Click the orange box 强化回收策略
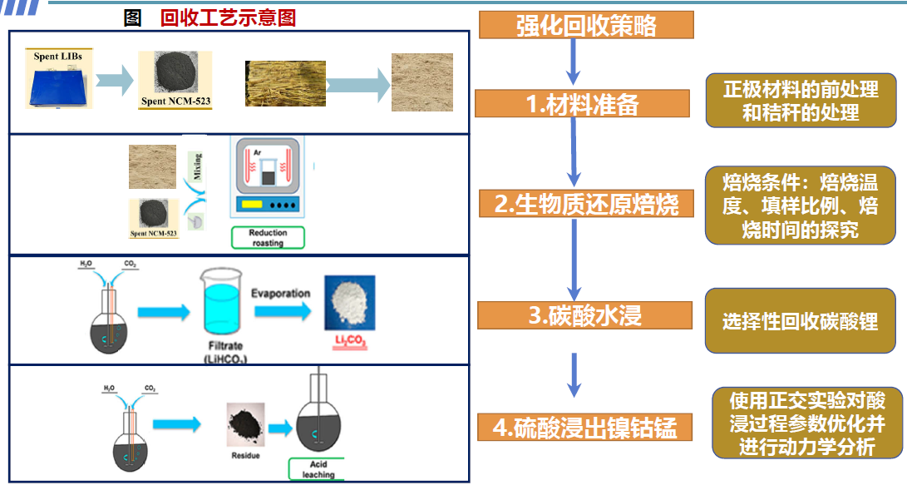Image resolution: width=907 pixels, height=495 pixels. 586,25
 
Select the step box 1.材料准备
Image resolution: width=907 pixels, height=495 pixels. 582,104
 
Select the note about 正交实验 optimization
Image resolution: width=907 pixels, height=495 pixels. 806,423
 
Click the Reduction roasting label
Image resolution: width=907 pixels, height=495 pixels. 267,238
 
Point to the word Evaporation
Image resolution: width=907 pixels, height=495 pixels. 281,294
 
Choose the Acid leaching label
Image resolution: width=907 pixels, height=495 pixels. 318,469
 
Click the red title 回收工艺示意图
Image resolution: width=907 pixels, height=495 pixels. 228,17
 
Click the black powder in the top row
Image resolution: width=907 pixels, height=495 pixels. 175,75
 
